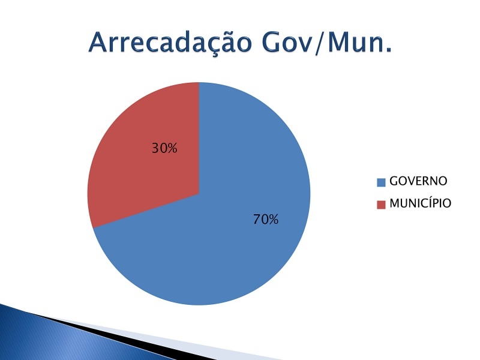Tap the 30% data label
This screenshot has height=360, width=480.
tap(164, 148)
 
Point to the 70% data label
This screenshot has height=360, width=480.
tap(266, 220)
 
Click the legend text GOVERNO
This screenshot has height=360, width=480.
tap(418, 181)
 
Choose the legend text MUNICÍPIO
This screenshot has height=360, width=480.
tap(421, 203)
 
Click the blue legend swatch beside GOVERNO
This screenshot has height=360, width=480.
tap(381, 182)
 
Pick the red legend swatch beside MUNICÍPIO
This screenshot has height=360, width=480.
tap(381, 205)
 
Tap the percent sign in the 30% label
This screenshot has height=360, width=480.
tap(172, 148)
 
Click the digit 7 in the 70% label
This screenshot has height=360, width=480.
tap(257, 220)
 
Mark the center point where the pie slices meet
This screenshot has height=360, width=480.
tap(199, 193)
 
